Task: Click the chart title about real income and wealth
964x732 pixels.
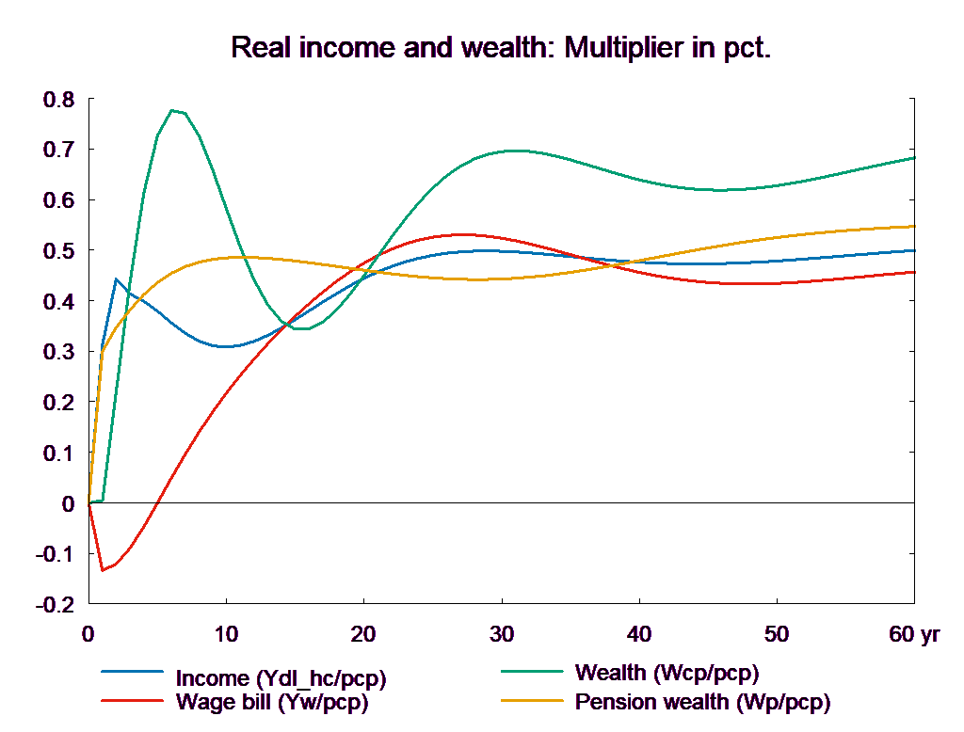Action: pyautogui.click(x=500, y=48)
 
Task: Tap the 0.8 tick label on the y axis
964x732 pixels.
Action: pyautogui.click(x=58, y=99)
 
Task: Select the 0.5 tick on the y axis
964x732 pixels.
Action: pyautogui.click(x=58, y=251)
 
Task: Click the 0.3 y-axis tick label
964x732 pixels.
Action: pyautogui.click(x=58, y=352)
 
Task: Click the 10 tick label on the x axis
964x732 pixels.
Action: pyautogui.click(x=226, y=634)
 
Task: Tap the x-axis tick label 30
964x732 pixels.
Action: pyautogui.click(x=501, y=634)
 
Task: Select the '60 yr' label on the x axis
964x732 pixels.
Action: pyautogui.click(x=913, y=634)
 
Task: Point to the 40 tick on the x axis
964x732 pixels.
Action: pyautogui.click(x=638, y=634)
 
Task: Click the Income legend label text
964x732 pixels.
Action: pyautogui.click(x=281, y=678)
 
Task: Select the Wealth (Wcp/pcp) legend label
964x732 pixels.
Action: pyautogui.click(x=666, y=673)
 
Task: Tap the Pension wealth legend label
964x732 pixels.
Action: pyautogui.click(x=702, y=702)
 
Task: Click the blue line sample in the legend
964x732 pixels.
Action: pyautogui.click(x=133, y=672)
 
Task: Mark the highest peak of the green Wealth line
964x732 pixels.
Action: pyautogui.click(x=172, y=110)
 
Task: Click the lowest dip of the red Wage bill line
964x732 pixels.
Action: pyautogui.click(x=103, y=570)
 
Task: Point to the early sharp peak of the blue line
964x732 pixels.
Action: pyautogui.click(x=116, y=278)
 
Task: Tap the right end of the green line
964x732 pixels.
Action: pyautogui.click(x=915, y=158)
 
